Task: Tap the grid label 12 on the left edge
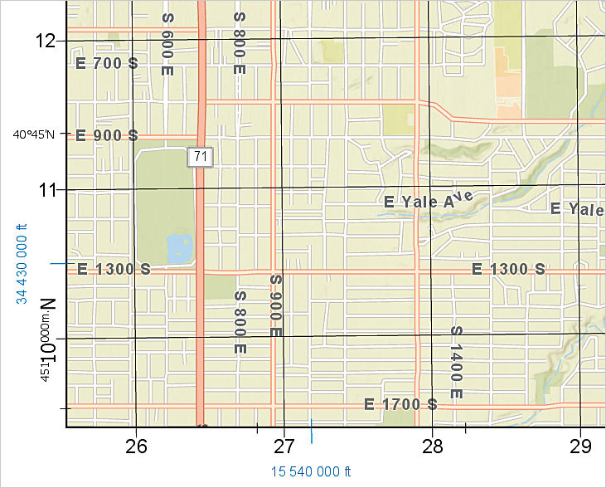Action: [45, 40]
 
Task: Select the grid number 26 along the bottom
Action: [136, 446]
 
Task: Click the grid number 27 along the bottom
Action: [284, 446]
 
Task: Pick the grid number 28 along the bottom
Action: [433, 446]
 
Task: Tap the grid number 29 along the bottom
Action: [580, 446]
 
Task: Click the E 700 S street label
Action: [106, 63]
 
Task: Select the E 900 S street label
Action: [107, 135]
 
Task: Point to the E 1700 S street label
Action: [400, 404]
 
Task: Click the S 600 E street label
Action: [167, 45]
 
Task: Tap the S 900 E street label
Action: [276, 305]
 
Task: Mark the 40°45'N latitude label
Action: [34, 135]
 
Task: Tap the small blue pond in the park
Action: [177, 248]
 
